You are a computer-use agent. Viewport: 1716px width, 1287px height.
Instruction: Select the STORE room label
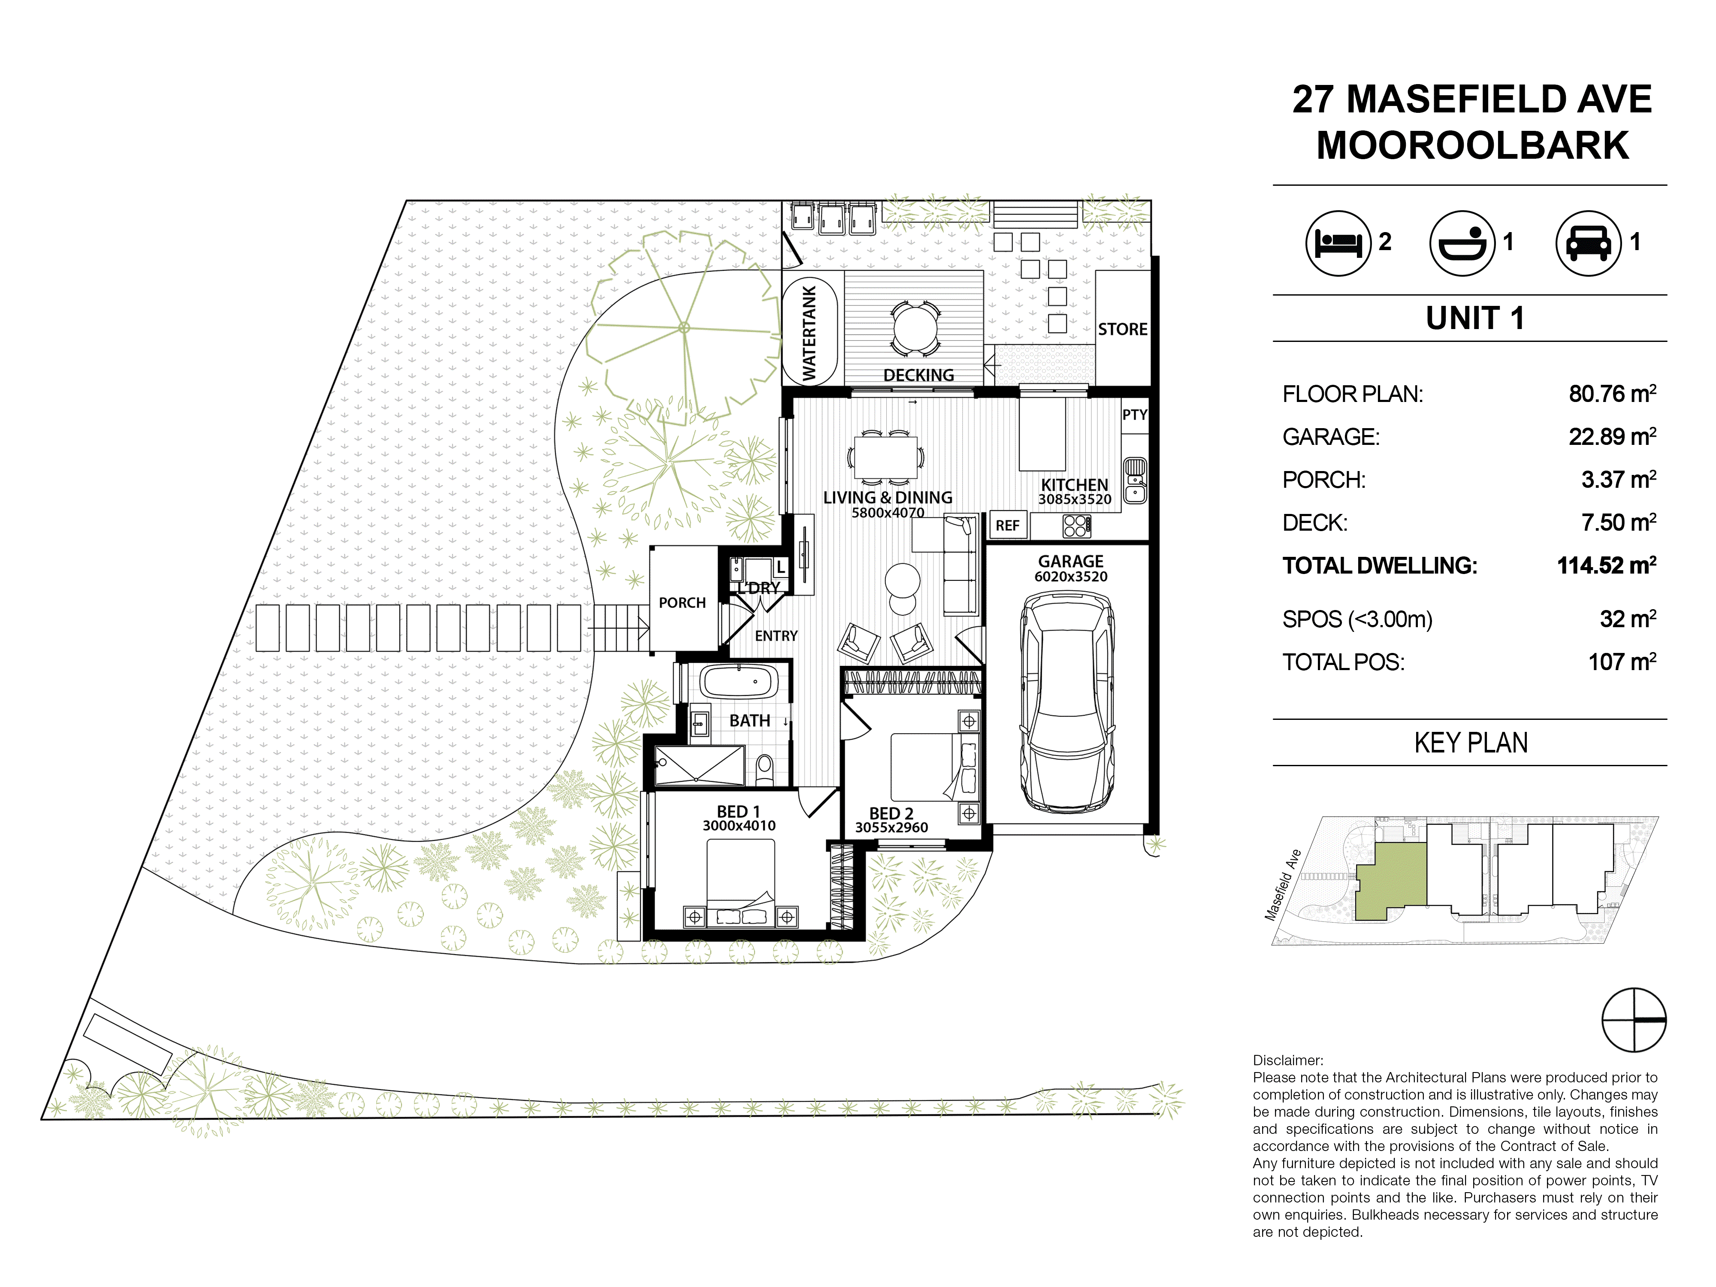pyautogui.click(x=1123, y=329)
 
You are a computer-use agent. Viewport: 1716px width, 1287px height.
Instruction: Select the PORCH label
pyautogui.click(x=682, y=603)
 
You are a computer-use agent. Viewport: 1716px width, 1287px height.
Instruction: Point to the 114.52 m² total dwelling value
pyautogui.click(x=1607, y=565)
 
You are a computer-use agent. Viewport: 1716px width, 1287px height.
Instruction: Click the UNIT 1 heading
pyautogui.click(x=1475, y=318)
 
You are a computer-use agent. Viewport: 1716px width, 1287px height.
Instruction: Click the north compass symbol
pyautogui.click(x=1634, y=1019)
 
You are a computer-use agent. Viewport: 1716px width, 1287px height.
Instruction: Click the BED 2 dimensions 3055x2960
pyautogui.click(x=891, y=828)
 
